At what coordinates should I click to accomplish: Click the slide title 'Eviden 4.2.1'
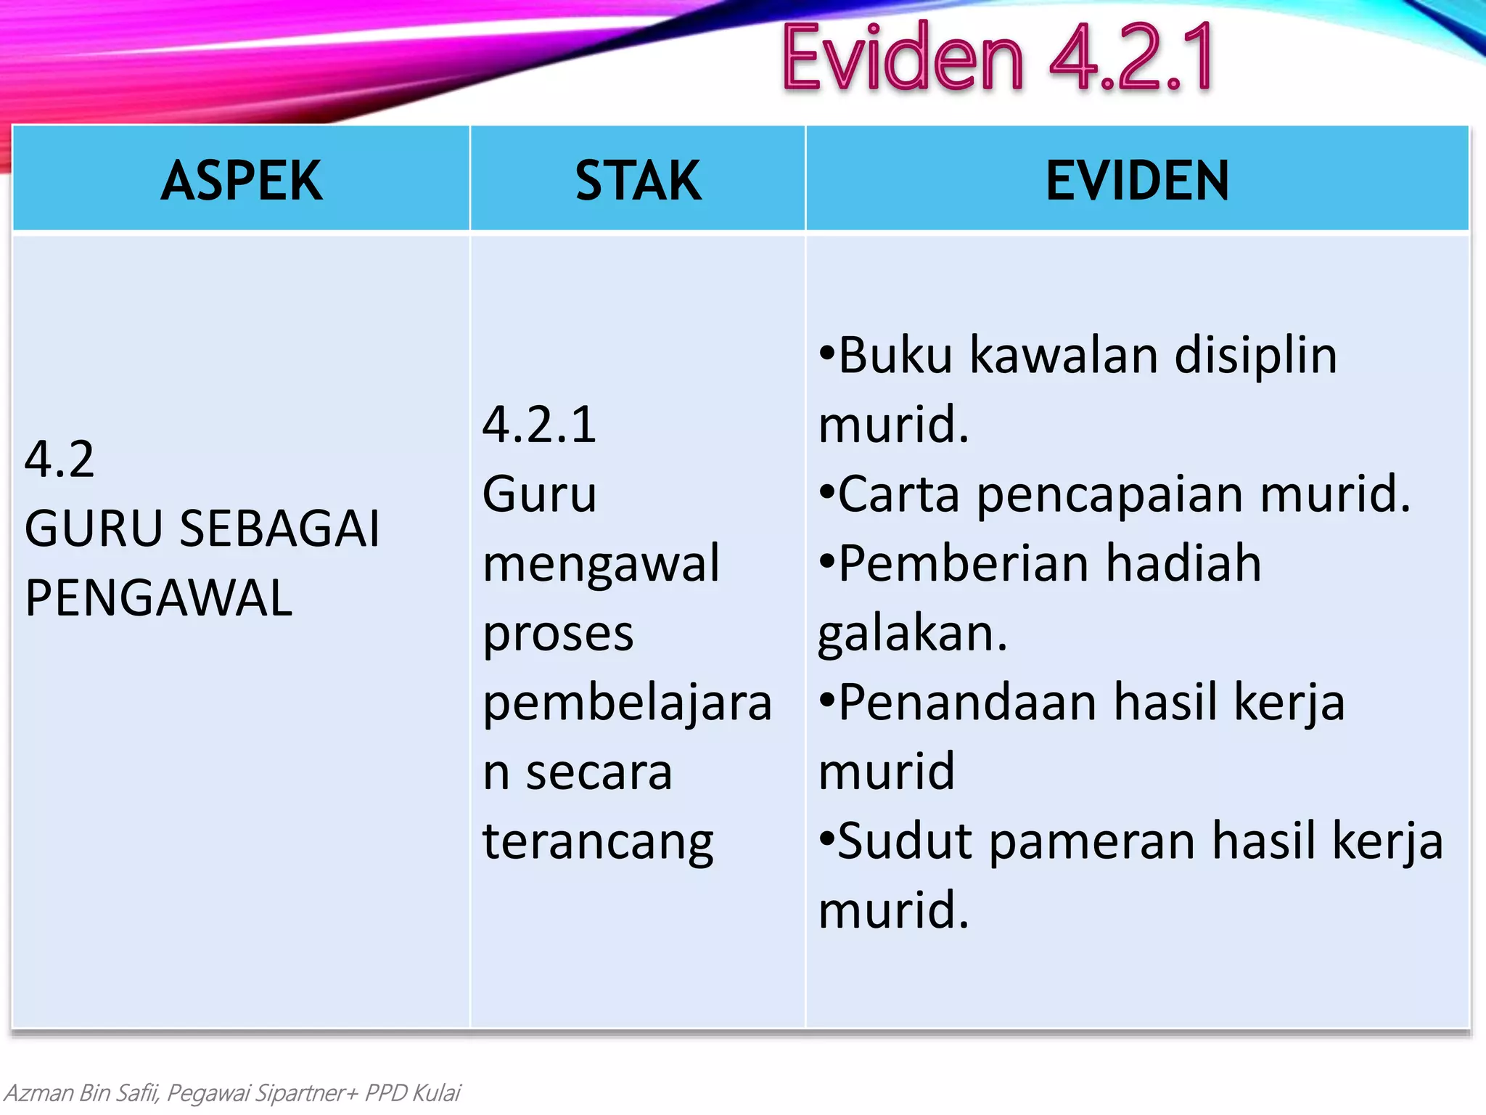pos(998,58)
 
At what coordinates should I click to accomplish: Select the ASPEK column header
pos(242,181)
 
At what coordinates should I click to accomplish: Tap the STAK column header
pos(638,181)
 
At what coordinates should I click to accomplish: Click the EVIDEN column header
pos(1137,181)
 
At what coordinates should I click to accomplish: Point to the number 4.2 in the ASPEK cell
pos(59,460)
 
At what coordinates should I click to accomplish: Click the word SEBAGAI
pos(279,528)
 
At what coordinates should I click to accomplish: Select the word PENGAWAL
pos(158,598)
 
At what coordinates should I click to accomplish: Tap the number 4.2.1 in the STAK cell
pos(539,425)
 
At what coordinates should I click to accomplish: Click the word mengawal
pos(602,564)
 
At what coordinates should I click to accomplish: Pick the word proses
pos(558,634)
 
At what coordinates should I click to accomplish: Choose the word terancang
pos(598,842)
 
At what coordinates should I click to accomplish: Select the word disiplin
pos(1255,357)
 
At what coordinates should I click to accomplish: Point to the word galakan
pos(912,634)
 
